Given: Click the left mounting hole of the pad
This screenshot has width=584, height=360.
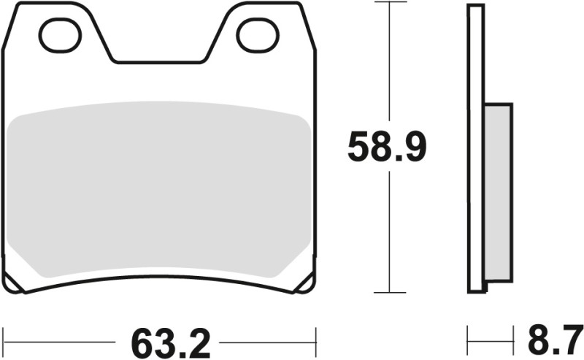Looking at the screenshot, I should [x=60, y=35].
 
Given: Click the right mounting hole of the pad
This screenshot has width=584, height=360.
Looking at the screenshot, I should [x=258, y=35].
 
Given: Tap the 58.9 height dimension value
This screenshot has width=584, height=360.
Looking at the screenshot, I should [x=386, y=148].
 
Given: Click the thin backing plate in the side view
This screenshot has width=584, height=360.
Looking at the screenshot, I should [x=475, y=146].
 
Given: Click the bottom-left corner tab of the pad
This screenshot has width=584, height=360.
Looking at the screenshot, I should [x=15, y=283].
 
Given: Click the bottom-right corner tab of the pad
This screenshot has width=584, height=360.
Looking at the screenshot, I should [x=304, y=283].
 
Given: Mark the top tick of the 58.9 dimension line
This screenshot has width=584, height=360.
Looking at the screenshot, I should [x=391, y=3].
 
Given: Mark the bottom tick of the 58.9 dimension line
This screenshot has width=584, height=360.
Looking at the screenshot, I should [x=391, y=292].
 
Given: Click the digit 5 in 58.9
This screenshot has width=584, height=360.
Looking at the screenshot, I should [x=358, y=148].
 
